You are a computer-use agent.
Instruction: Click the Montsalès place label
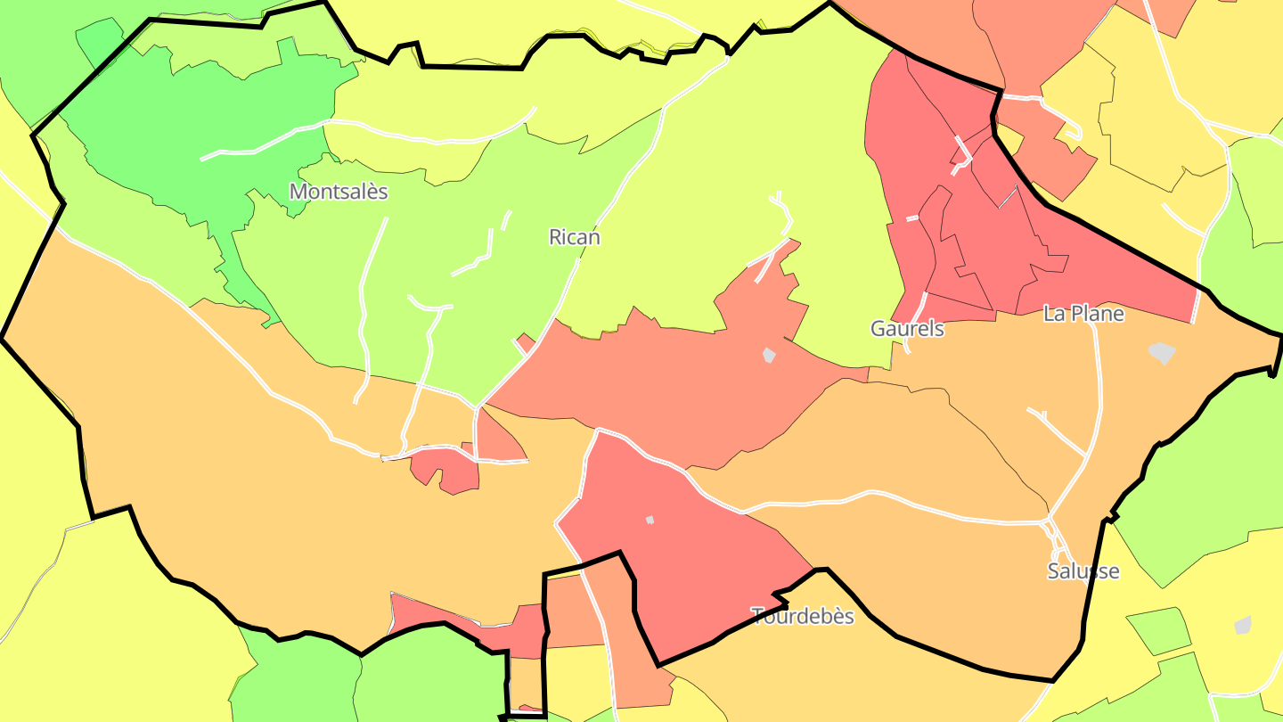pos(339,192)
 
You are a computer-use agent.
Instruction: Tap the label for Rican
pos(574,237)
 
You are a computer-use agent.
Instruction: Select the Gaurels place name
pos(907,328)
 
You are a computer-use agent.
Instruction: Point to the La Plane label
pos(1083,314)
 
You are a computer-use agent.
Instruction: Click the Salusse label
pos(1083,571)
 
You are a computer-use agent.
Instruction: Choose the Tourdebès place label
pos(803,616)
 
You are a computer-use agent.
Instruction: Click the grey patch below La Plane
pos(1162,353)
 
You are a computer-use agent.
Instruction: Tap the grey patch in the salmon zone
pos(769,355)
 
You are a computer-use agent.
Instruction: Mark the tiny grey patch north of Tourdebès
pos(650,520)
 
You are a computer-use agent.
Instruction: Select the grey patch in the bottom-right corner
pos(1243,625)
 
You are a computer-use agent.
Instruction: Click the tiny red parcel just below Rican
pos(526,341)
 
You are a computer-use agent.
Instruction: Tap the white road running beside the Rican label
pos(570,276)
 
